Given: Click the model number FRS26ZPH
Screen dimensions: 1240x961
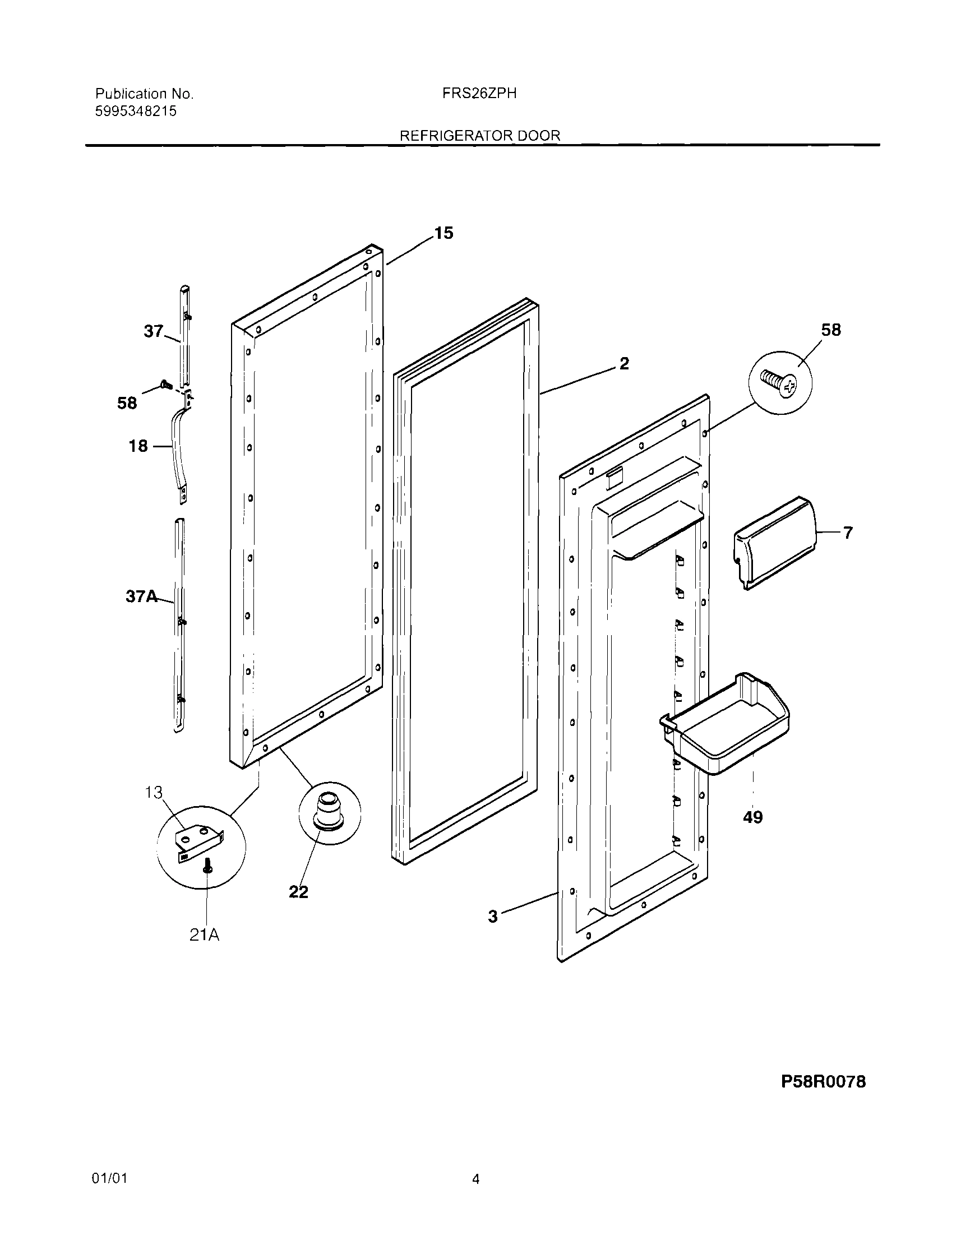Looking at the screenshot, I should point(479,94).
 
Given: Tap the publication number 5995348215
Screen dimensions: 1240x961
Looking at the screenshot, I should point(136,112).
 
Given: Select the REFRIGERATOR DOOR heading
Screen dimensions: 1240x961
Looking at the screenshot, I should point(480,136).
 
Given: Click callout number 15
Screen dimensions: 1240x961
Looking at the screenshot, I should point(443,233).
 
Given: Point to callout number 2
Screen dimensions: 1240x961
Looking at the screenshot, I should point(623,363).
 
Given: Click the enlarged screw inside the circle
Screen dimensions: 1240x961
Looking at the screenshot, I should point(779,383).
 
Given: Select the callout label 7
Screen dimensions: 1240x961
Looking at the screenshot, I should point(847,533).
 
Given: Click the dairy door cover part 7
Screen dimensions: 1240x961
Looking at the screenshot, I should point(775,542).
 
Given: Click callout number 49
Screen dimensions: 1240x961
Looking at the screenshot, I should point(752,817).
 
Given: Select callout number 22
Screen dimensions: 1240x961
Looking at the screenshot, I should point(298,892).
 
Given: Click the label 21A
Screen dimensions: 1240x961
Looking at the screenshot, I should point(204,934).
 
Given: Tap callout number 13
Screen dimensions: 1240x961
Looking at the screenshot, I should point(154,792).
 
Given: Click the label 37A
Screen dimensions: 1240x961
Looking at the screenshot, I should point(141,596).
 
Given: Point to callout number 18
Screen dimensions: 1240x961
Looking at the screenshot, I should point(138,446).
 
